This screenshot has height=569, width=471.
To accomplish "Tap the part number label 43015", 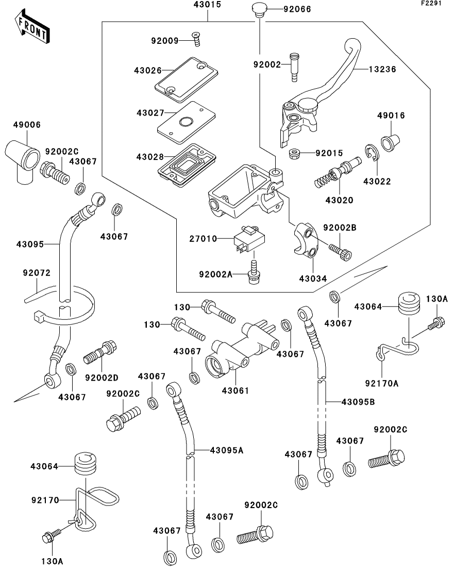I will (x=208, y=6).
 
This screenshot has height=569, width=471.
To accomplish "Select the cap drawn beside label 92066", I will (x=258, y=9).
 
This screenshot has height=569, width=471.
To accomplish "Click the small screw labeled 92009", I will (x=196, y=35).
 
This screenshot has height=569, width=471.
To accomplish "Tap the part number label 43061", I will (x=235, y=391).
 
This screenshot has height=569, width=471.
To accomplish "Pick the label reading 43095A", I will (x=226, y=450).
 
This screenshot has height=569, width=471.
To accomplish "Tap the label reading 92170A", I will (x=382, y=382).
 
